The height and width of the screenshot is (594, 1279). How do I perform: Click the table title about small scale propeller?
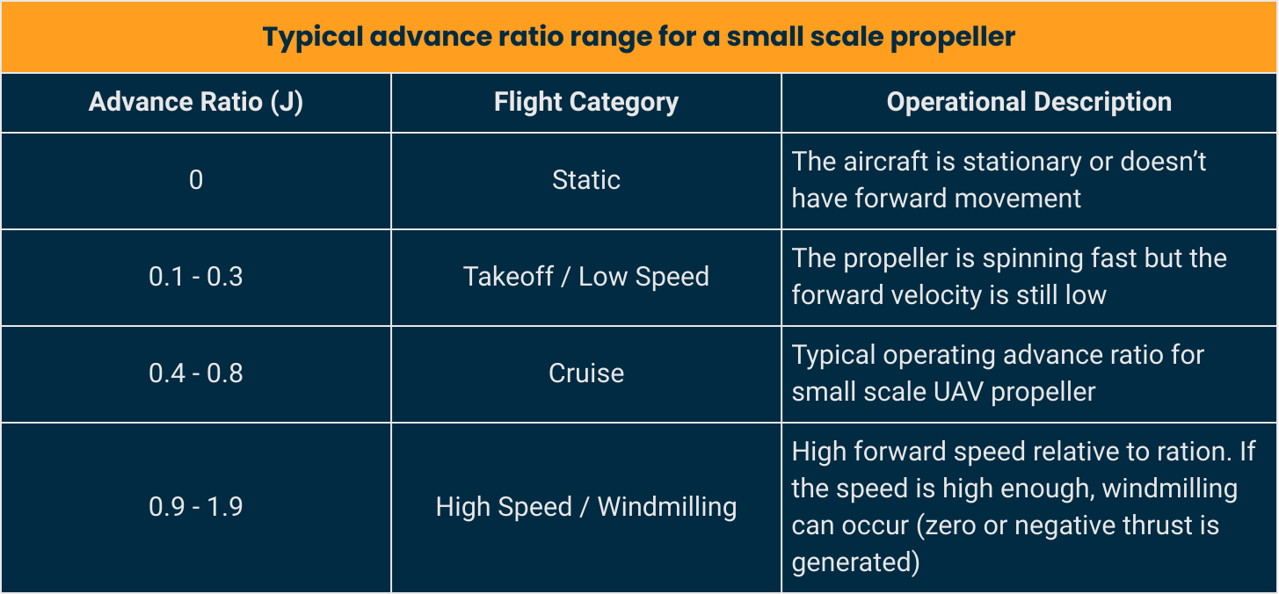coord(639,37)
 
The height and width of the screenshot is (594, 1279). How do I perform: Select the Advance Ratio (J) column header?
coord(195,102)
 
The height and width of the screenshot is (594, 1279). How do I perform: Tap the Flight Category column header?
coord(585,102)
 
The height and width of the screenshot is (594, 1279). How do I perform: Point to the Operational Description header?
coord(1028,102)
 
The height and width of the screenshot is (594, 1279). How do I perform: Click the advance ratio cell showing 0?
coord(195,180)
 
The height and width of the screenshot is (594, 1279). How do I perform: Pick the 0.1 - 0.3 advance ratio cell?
coord(195,277)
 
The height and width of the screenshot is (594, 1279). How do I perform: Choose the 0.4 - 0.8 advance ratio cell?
coord(195,373)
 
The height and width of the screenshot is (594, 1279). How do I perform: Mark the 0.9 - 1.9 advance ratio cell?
coord(195,507)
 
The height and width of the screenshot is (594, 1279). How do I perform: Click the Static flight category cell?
coord(585,180)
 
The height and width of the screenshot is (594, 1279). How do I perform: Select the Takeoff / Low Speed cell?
coord(585,277)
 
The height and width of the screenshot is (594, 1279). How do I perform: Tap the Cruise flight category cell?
coord(585,373)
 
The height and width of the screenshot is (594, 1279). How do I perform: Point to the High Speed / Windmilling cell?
coord(585,507)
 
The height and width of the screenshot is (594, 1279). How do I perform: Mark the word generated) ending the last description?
coord(855,562)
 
